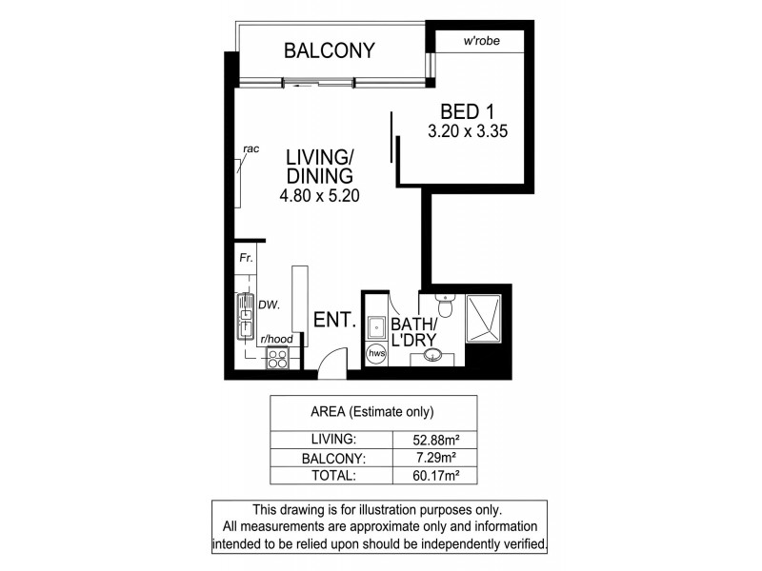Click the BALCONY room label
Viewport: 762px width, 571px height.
point(330,51)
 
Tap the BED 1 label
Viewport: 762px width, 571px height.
point(466,111)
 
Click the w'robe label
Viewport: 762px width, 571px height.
point(481,41)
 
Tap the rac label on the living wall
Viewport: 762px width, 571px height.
point(251,148)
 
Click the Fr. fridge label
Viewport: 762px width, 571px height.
point(244,257)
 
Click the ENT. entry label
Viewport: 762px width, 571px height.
point(335,322)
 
